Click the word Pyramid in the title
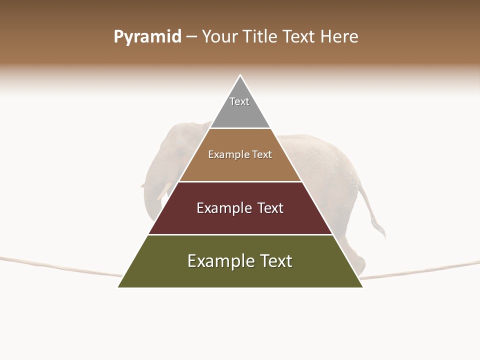[x=147, y=37]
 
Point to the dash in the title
[x=191, y=37]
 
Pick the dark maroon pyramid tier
[x=240, y=220]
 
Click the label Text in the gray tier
[x=239, y=101]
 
